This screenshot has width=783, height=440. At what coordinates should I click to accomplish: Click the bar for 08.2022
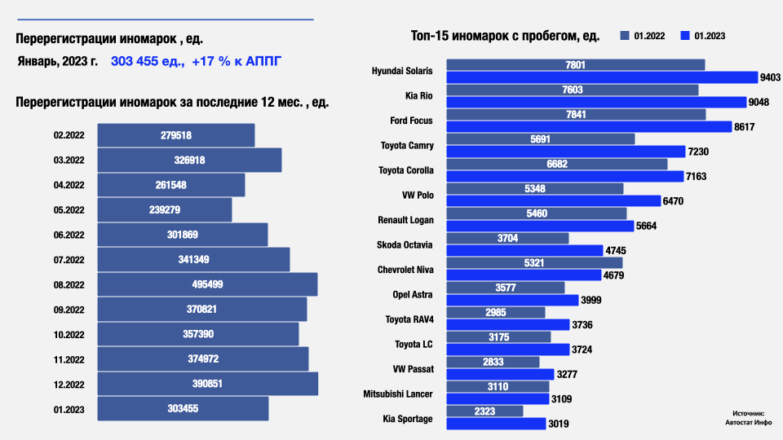pyautogui.click(x=207, y=284)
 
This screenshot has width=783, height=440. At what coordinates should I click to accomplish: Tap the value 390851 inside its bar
pyautogui.click(x=200, y=384)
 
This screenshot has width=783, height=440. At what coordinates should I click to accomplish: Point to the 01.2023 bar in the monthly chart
pyautogui.click(x=183, y=409)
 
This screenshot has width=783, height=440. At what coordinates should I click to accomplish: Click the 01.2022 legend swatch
pyautogui.click(x=625, y=36)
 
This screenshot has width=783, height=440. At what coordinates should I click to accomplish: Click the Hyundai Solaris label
pyautogui.click(x=402, y=71)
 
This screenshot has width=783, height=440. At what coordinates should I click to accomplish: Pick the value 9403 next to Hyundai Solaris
pyautogui.click(x=770, y=77)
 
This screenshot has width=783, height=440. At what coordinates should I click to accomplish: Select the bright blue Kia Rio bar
pyautogui.click(x=596, y=102)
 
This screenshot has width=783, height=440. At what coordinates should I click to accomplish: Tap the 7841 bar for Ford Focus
pyautogui.click(x=575, y=115)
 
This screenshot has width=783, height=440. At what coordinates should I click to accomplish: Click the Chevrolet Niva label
pyautogui.click(x=405, y=270)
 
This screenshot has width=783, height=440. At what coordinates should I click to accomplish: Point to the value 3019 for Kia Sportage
pyautogui.click(x=559, y=424)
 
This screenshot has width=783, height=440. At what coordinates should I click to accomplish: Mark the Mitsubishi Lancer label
pyautogui.click(x=398, y=394)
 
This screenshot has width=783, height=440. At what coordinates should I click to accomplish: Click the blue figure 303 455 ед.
pyautogui.click(x=147, y=61)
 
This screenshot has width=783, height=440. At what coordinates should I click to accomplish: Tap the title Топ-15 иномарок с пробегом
pyautogui.click(x=505, y=36)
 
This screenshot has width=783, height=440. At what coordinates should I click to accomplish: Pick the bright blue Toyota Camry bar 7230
pyautogui.click(x=566, y=152)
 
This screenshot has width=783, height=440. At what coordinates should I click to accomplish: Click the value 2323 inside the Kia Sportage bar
pyautogui.click(x=484, y=411)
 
